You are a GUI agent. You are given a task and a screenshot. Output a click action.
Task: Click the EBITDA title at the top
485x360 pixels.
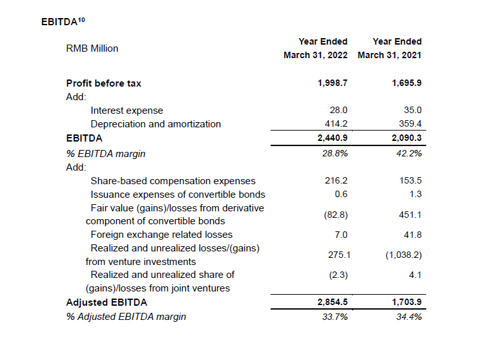click(63, 21)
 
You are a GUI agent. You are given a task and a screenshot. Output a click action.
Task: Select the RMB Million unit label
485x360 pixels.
click(92, 48)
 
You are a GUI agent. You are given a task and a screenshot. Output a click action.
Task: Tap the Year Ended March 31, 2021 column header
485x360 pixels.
click(389, 48)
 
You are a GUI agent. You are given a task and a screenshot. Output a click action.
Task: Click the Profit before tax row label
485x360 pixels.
click(103, 83)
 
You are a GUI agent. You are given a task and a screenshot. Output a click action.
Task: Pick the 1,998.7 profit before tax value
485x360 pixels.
click(333, 83)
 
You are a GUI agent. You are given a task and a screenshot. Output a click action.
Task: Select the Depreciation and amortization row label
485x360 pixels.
click(156, 124)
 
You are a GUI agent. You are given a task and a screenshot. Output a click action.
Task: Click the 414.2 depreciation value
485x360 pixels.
click(336, 124)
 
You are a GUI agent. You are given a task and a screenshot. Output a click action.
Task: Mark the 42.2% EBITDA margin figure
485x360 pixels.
click(409, 153)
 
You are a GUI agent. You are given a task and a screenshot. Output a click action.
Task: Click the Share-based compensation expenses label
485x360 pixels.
click(173, 182)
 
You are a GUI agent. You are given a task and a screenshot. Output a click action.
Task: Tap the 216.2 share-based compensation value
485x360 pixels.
click(336, 182)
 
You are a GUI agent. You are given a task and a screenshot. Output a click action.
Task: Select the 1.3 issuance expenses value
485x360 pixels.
click(415, 195)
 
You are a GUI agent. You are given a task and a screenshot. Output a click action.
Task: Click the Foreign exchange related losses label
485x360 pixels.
click(161, 235)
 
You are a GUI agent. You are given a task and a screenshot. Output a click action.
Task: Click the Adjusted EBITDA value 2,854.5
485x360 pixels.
click(333, 302)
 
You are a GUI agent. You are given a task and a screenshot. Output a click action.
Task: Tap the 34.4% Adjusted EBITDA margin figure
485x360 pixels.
click(409, 317)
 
